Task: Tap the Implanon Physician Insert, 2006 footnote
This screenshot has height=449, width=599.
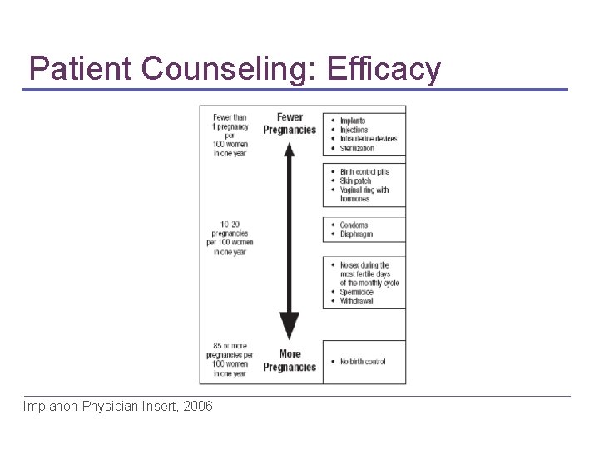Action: pos(118,407)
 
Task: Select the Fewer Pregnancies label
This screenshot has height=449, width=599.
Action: pos(290,124)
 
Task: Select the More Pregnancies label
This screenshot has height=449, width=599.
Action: pos(290,360)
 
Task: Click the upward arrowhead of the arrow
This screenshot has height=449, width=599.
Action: pos(289,150)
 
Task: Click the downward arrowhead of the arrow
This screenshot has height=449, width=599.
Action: pos(289,324)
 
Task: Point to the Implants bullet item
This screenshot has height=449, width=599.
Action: pos(353,121)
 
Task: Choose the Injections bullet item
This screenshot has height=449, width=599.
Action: pos(354,130)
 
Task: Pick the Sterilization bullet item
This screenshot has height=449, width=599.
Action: pos(357,148)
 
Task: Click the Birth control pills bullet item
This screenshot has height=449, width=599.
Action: pos(364,172)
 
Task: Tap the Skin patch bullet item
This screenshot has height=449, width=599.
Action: pos(356,181)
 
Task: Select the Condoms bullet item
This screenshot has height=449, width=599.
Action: pos(354,225)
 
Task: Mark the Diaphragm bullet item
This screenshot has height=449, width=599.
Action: pos(356,234)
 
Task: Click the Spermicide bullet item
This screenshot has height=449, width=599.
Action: pos(357,292)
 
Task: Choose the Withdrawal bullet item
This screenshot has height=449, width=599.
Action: pos(357,301)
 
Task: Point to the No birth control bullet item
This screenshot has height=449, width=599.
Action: pos(363,362)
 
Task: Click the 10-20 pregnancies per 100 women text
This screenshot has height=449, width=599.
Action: pos(230,238)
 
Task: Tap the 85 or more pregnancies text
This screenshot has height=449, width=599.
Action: pos(230,359)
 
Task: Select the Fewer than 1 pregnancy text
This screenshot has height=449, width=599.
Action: pos(230,135)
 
